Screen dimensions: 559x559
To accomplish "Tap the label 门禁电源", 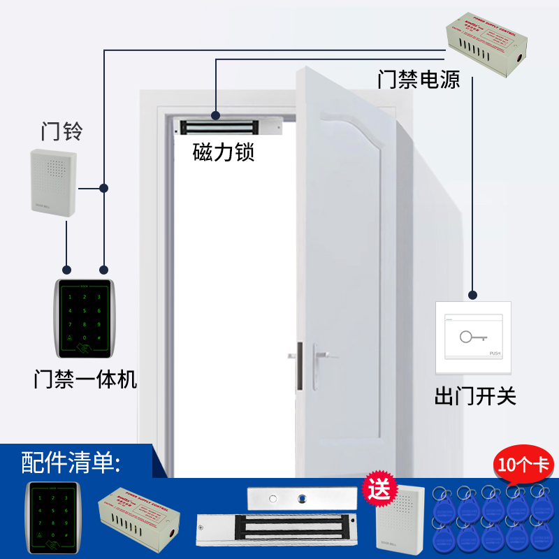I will (x=419, y=79).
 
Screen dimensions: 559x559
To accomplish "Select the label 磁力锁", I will (x=224, y=152).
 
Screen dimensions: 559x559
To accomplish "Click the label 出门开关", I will (x=475, y=397).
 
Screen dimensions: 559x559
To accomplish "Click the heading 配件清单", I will (x=71, y=462).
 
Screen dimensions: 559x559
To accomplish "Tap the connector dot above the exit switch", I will (x=473, y=294).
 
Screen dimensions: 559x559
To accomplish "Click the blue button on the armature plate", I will (x=303, y=499).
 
